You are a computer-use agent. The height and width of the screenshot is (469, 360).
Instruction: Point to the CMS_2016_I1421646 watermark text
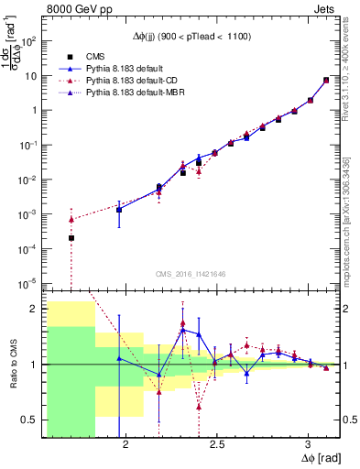click(x=190, y=273)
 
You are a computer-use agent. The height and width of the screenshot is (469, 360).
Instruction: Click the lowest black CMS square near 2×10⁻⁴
click(x=71, y=238)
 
